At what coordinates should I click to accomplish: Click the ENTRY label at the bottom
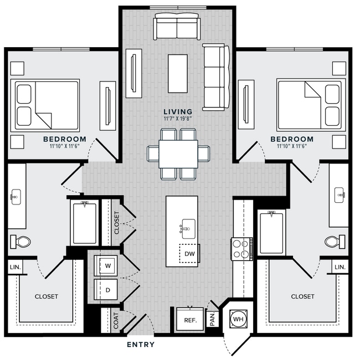[141, 345]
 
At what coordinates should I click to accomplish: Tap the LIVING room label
[178, 112]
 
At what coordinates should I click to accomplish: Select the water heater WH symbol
[238, 319]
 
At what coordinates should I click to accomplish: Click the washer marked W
[106, 266]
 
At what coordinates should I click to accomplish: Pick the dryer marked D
[106, 290]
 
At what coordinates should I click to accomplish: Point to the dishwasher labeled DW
[189, 253]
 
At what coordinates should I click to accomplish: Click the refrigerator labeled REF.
[190, 319]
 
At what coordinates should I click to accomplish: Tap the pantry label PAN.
[213, 319]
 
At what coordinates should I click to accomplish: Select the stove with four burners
[242, 249]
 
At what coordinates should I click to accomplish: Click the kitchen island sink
[188, 229]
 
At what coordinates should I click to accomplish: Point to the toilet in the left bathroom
[20, 242]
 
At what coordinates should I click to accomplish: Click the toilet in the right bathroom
[335, 242]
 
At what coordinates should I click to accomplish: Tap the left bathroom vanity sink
[16, 197]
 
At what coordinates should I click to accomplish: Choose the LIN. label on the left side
[16, 267]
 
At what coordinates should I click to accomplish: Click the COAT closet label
[116, 321]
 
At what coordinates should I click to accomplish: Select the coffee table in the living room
[178, 74]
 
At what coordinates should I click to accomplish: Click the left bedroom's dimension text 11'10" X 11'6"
[65, 146]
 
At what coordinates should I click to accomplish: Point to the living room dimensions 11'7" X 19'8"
[178, 119]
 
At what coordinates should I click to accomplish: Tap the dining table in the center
[178, 154]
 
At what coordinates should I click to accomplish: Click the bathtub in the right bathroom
[271, 233]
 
